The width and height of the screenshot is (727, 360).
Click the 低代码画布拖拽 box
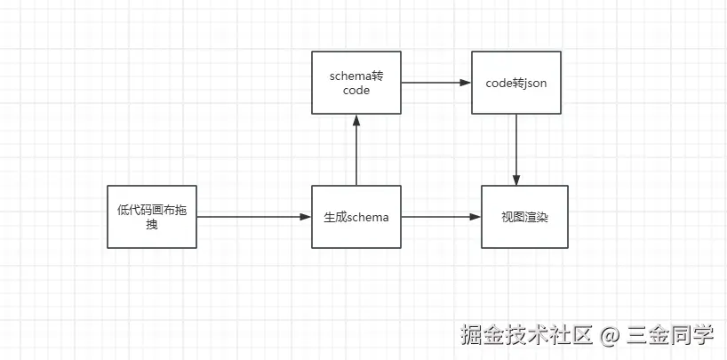coord(152,217)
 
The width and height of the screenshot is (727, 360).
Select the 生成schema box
coord(356,217)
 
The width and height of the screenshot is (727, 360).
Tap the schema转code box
coord(356,83)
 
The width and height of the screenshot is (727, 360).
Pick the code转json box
coord(516,83)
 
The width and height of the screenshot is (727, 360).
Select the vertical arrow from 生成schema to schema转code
coord(356,151)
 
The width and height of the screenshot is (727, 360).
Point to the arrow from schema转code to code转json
coord(435,83)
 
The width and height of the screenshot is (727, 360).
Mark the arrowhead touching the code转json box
coord(466,83)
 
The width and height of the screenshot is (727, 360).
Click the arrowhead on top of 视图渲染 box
coord(517,180)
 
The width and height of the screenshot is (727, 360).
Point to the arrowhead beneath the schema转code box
coord(356,119)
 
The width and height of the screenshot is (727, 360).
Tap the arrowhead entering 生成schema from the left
coord(306,217)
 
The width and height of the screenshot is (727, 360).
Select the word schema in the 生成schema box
coord(368,217)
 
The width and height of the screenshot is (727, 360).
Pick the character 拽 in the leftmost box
coord(152,225)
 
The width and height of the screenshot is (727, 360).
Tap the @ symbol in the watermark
coord(609,337)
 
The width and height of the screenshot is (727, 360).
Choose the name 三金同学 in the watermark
coord(669,336)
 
